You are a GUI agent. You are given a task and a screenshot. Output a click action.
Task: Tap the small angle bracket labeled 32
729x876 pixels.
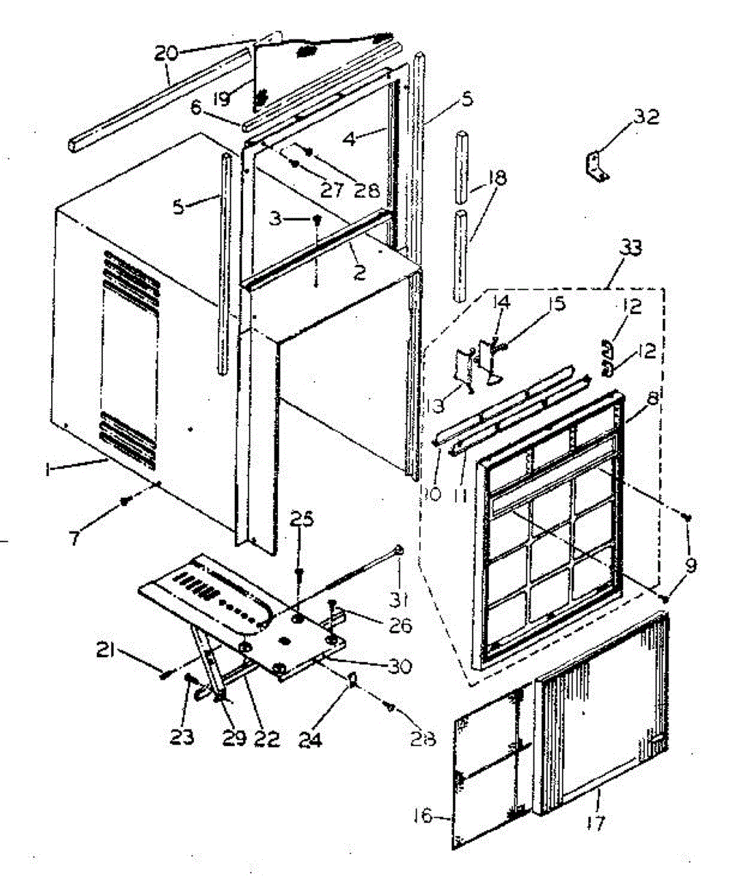pos(597,166)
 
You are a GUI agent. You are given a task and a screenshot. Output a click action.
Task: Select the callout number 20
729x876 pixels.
pos(166,52)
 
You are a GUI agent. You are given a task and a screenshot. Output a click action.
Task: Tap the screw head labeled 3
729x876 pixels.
pos(317,218)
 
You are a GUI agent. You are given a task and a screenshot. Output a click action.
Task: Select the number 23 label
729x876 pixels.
pos(182,738)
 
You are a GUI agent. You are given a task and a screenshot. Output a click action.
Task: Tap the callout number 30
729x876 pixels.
pos(400,666)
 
